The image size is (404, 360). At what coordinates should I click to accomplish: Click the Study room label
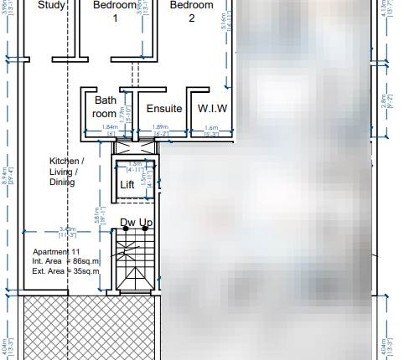click(28, 5)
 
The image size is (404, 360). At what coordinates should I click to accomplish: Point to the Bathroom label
click(105, 106)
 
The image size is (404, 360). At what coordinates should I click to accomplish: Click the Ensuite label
click(164, 109)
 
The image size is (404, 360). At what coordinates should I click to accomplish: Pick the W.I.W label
click(212, 109)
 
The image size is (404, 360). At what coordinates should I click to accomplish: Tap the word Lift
click(127, 185)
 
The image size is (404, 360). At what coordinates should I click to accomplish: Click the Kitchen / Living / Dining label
click(66, 171)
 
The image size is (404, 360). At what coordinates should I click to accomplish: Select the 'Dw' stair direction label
click(127, 223)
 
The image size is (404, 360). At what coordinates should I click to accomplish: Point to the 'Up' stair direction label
click(145, 223)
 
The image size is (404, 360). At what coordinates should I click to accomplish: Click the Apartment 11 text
click(56, 252)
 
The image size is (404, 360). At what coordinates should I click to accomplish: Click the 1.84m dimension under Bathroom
click(109, 127)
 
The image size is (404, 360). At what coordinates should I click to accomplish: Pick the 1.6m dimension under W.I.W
click(212, 127)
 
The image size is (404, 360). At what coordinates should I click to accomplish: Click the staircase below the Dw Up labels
click(133, 260)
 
